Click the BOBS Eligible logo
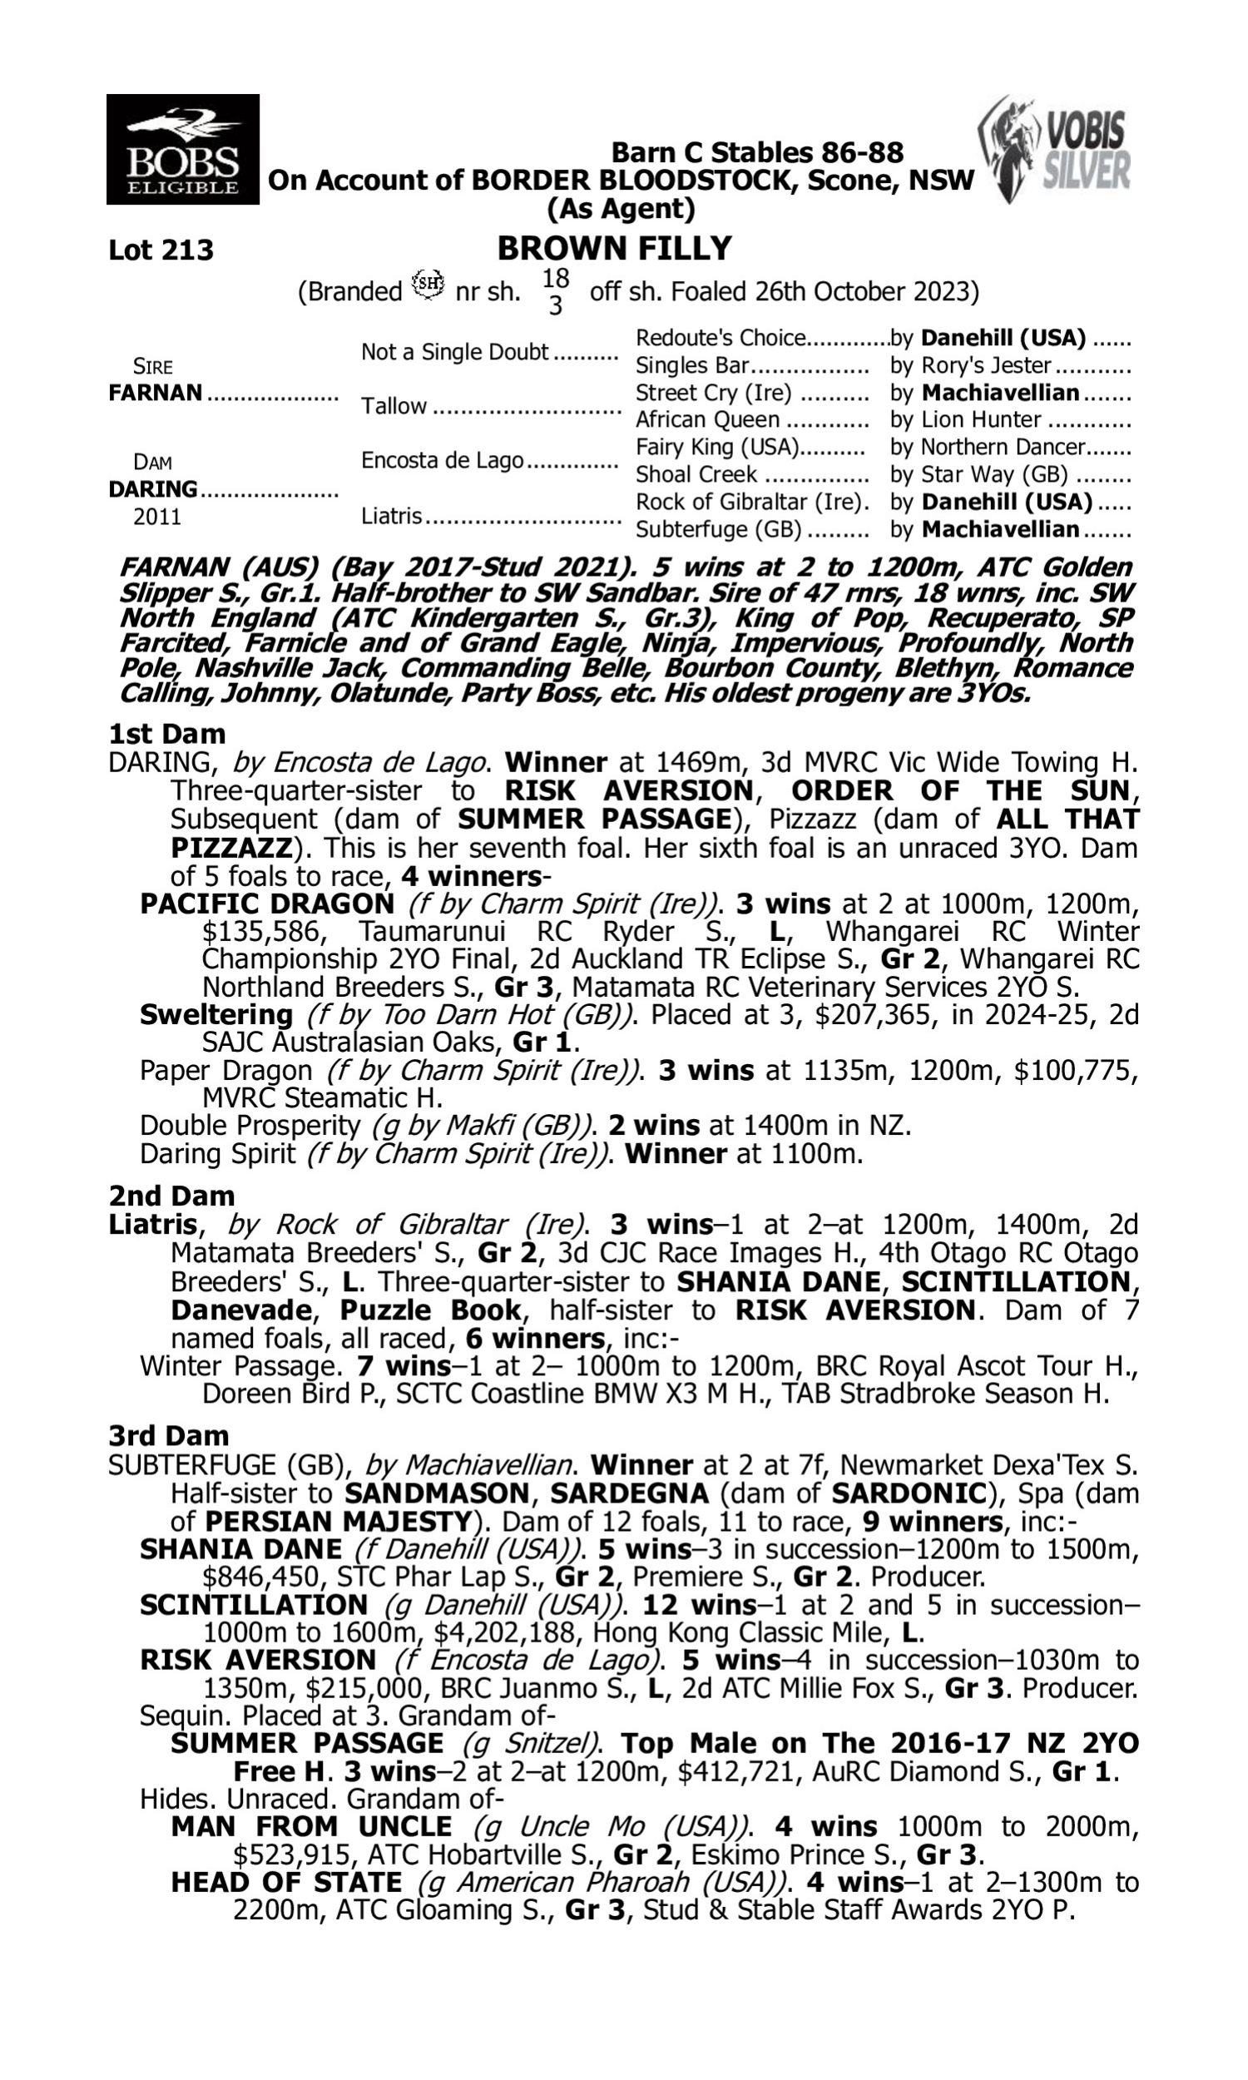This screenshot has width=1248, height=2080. pos(182,150)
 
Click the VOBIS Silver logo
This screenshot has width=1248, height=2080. pos(1054,150)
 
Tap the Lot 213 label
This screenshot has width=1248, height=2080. pos(161,250)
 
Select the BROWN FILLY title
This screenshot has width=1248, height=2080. pos(614,249)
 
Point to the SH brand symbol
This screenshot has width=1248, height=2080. pos(428,284)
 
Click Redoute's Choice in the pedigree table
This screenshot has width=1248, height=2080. pos(720,338)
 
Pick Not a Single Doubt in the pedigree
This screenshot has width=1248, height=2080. pos(454,351)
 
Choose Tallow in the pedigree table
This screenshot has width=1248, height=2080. pos(394,406)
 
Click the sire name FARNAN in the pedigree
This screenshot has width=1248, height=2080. pos(156,393)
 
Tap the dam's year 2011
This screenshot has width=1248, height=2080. pos(157,516)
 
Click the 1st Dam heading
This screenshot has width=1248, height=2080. pos(167,734)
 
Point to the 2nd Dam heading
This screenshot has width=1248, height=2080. pos(171,1196)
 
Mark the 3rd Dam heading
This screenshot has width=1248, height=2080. pos(169,1435)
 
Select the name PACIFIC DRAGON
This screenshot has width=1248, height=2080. pos(266,904)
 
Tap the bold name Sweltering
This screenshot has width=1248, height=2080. pos(216,1015)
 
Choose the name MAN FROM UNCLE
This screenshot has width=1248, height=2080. pos(311,1827)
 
